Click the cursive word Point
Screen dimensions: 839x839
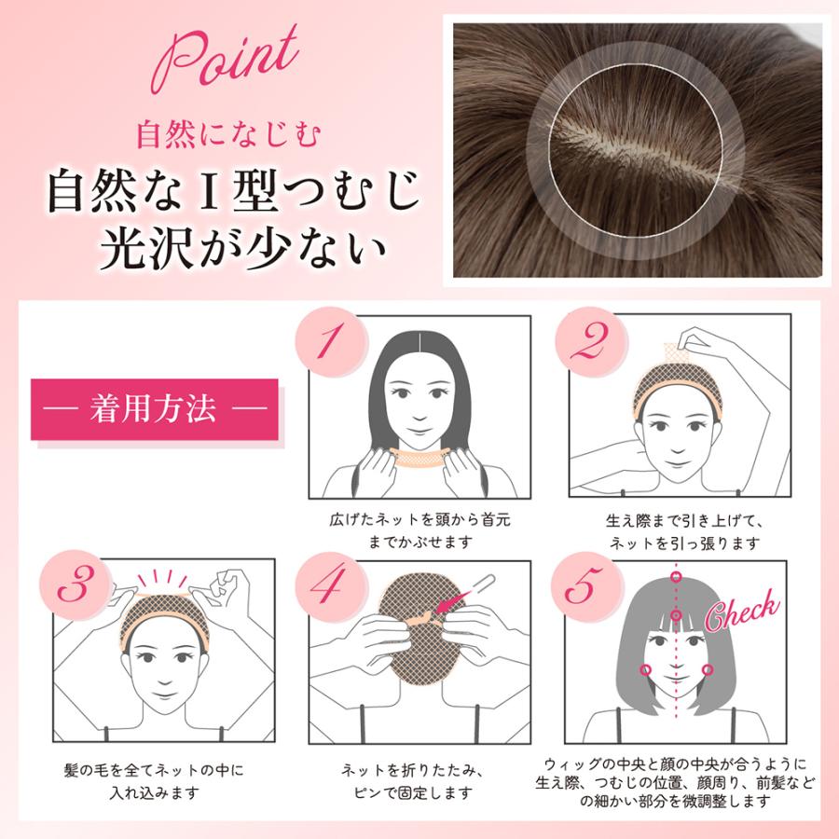coord(225,60)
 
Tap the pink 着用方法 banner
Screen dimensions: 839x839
coord(155,409)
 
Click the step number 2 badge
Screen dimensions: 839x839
coord(591,342)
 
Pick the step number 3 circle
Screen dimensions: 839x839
coord(76,585)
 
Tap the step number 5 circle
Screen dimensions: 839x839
coord(586,586)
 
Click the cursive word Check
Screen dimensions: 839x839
coord(742,610)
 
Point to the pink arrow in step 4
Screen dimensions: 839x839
coord(452,601)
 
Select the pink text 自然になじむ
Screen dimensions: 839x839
coord(228,135)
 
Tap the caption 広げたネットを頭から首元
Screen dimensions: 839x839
coord(420,519)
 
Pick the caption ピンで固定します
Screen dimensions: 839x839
coord(414,792)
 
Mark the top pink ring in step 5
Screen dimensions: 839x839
coord(677,577)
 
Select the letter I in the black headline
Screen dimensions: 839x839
coord(209,191)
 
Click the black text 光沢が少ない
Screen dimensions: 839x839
coord(243,249)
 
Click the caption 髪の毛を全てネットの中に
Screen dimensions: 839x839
coord(154,771)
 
